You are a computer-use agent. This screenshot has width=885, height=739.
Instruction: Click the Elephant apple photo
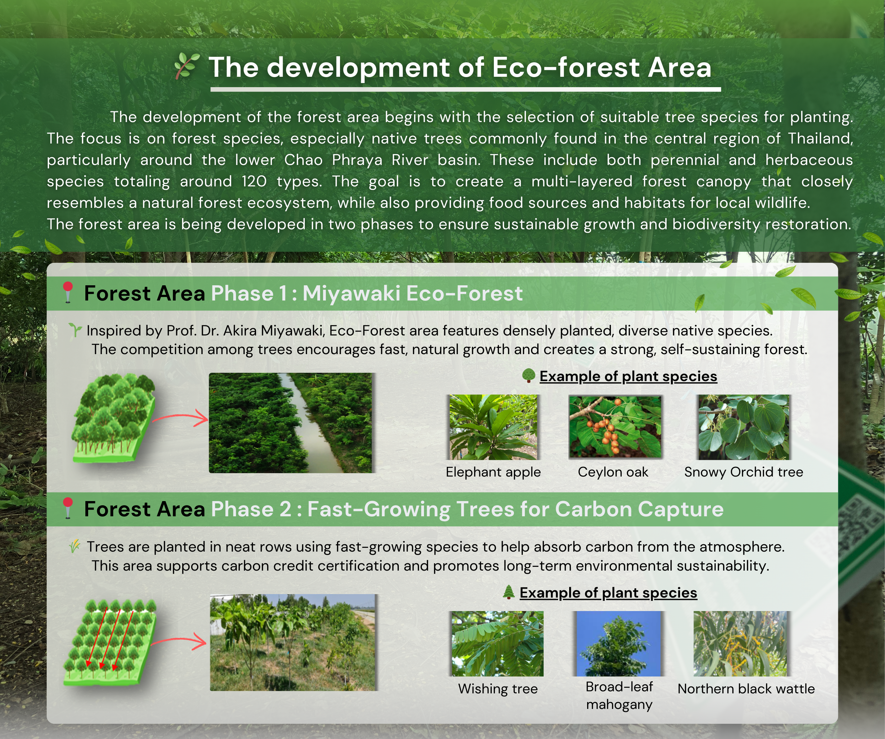tap(493, 427)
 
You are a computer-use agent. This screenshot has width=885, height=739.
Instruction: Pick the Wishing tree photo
tap(497, 644)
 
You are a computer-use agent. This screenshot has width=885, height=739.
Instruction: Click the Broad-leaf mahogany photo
tap(618, 644)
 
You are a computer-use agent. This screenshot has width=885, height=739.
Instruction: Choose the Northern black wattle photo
tap(740, 644)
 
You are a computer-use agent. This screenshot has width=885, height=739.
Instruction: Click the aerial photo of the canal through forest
tap(291, 423)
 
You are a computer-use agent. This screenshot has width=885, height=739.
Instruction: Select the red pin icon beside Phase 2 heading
tap(67, 508)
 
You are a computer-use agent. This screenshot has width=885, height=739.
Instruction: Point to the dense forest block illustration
tap(113, 418)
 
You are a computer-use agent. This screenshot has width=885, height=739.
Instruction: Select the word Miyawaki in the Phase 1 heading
tap(351, 293)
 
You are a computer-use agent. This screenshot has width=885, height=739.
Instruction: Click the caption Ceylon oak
tap(613, 472)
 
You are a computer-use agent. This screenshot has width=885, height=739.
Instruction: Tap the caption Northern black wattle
tap(746, 689)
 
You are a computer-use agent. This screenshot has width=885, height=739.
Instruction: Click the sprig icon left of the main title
tap(186, 66)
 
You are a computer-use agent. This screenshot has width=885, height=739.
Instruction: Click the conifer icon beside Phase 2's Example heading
tap(509, 592)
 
